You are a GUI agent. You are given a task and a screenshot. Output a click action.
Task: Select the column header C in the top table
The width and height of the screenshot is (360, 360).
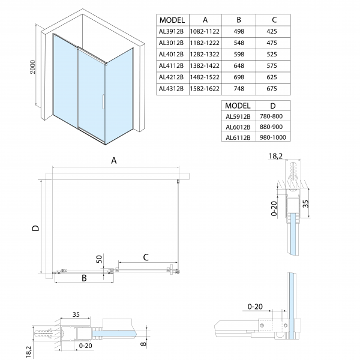(x=273, y=19)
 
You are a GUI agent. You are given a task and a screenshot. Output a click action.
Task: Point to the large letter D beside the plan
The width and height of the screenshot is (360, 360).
(x=35, y=227)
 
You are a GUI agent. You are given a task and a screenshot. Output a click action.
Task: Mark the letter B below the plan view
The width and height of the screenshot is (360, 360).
(x=85, y=278)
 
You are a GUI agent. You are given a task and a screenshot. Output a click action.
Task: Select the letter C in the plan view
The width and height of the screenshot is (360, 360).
(x=145, y=257)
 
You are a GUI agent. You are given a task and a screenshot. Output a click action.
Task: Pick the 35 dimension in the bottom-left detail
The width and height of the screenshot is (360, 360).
(x=76, y=314)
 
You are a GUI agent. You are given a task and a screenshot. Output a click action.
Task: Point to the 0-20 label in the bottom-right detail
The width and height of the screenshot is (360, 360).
(x=254, y=307)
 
